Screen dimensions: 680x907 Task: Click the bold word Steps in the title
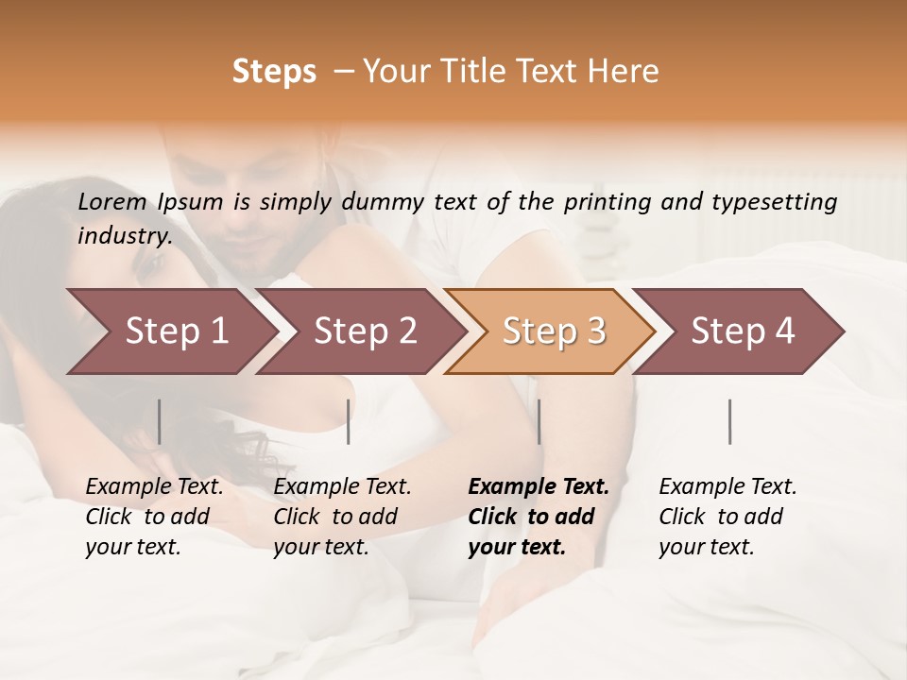coord(274,72)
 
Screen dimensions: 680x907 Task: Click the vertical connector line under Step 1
coord(159,421)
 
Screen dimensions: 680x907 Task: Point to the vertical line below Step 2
coord(349,421)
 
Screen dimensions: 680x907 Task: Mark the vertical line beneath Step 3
coord(539,421)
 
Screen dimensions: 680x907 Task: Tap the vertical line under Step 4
coord(729,421)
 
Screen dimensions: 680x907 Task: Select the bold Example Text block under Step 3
coord(539,517)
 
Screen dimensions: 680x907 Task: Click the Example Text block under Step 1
coord(154,517)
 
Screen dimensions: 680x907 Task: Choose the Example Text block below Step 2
coord(342,517)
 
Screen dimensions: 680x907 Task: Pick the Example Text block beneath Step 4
coord(727,517)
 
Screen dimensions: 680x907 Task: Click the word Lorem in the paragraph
coord(112,201)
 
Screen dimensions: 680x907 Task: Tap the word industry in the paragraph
coord(125,235)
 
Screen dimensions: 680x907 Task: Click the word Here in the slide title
coord(623,72)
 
